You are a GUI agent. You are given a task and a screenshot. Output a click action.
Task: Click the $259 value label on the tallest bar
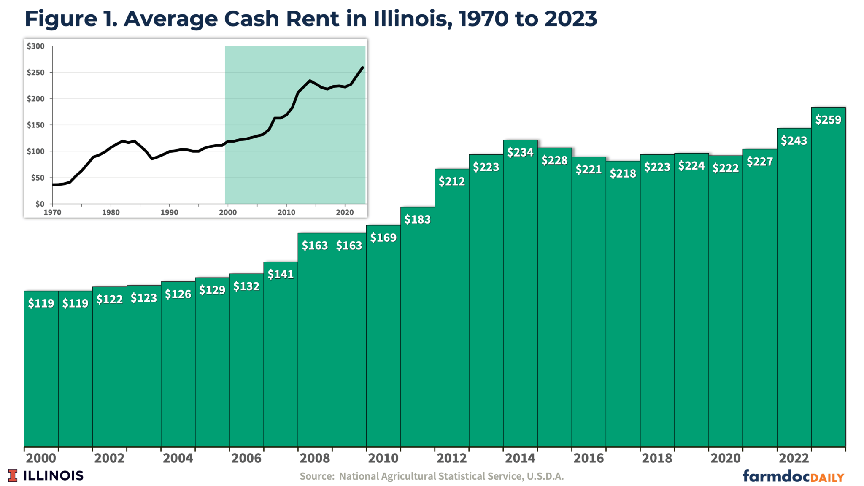tap(828, 120)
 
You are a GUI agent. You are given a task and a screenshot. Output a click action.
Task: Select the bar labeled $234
tap(520, 295)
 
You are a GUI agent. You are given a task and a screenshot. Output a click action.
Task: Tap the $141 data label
tap(281, 274)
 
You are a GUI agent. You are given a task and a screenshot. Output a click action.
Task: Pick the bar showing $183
tap(417, 329)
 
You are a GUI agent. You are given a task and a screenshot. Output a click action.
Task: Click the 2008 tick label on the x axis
tap(315, 458)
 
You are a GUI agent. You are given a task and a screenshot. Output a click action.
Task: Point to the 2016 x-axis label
tap(589, 458)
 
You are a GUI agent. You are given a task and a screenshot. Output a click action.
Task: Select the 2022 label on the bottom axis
tap(794, 458)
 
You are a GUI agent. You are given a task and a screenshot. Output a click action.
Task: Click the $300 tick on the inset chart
tap(36, 46)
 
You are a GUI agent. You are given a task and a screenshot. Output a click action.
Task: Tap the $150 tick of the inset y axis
tap(36, 125)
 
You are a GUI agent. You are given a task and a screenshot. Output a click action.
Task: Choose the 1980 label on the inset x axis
tap(111, 213)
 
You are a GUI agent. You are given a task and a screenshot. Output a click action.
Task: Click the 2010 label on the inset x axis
tap(286, 213)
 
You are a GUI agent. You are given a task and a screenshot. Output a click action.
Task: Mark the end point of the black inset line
tap(363, 67)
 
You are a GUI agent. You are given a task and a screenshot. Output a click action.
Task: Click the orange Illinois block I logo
tap(13, 475)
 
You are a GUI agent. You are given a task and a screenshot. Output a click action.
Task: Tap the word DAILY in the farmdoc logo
tap(827, 478)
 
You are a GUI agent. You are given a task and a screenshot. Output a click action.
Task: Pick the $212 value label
tap(451, 181)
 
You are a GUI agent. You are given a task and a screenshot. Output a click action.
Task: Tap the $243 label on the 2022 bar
tap(794, 141)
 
